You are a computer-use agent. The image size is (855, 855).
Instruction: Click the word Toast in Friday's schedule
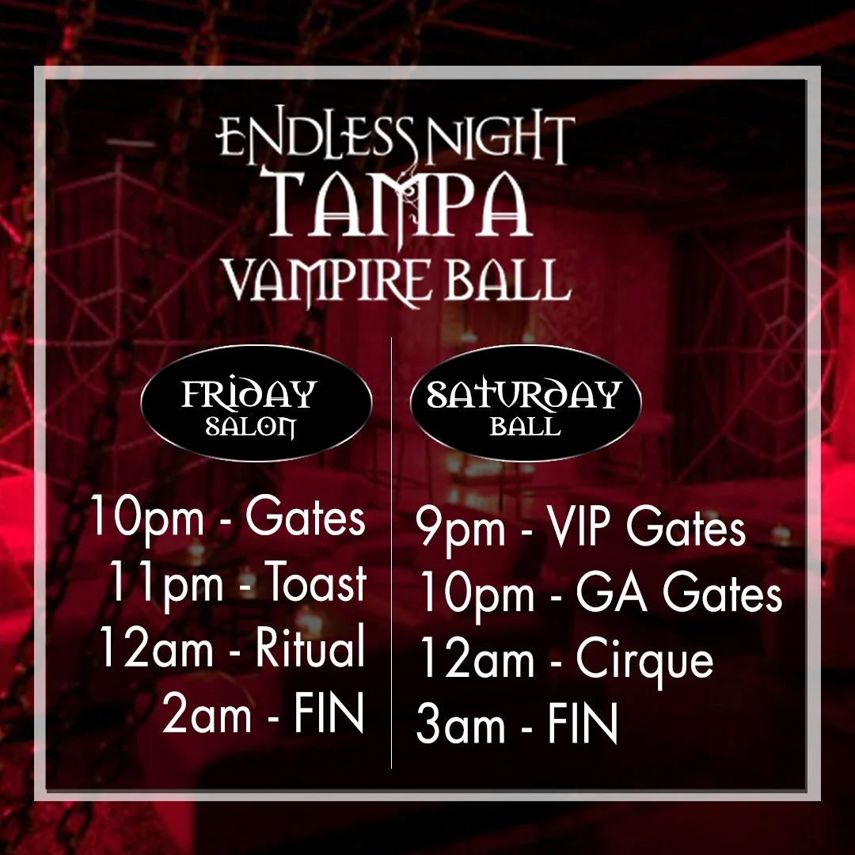click(x=315, y=586)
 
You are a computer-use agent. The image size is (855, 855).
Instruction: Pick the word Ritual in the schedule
click(x=310, y=649)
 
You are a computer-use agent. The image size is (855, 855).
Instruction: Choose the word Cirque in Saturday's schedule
click(x=644, y=660)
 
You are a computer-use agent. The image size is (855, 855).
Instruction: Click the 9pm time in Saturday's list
click(x=462, y=530)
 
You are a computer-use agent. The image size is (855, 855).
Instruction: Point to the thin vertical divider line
click(x=392, y=554)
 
